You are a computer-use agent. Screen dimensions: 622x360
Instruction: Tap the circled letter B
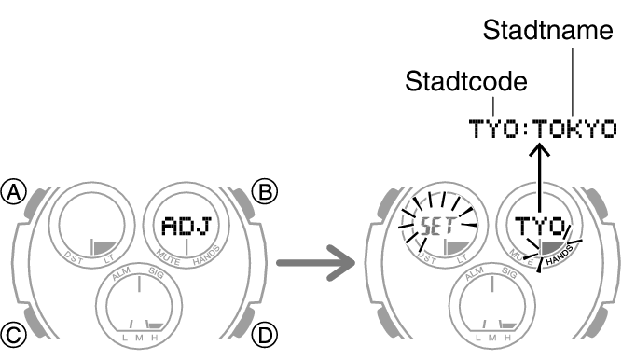coord(267,192)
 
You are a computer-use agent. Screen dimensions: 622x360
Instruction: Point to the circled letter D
coord(267,330)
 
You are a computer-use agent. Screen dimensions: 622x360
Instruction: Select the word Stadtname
coord(547,33)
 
